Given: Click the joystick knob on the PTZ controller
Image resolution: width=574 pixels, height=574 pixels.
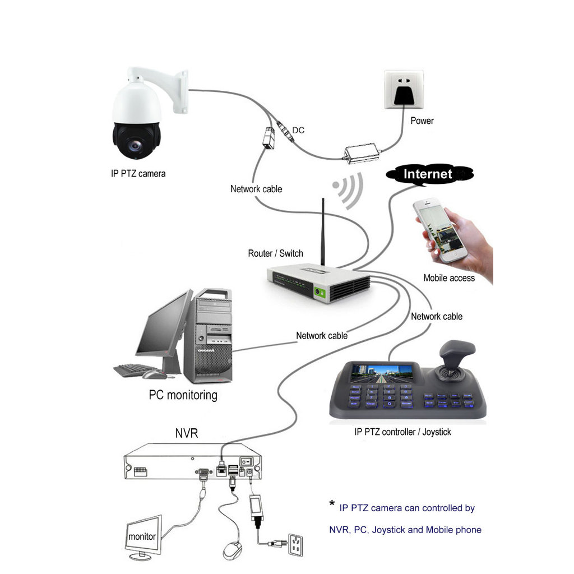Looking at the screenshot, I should pos(456,354).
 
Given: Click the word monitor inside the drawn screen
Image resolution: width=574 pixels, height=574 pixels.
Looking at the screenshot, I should pos(142,536).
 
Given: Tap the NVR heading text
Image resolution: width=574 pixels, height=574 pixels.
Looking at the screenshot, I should pos(186,433).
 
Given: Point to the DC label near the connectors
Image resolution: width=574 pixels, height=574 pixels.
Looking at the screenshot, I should pos(298,130).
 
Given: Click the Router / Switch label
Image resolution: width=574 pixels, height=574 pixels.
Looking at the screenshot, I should pos(275,253).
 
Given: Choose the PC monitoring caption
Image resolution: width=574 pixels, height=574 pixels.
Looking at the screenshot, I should pos(183,395).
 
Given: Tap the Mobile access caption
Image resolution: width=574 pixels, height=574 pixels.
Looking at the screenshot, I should pos(448,277).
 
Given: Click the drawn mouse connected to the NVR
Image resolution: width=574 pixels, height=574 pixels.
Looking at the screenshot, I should pos(233,550).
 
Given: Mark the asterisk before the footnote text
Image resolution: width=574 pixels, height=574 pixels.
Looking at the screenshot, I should pos(332,504).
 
